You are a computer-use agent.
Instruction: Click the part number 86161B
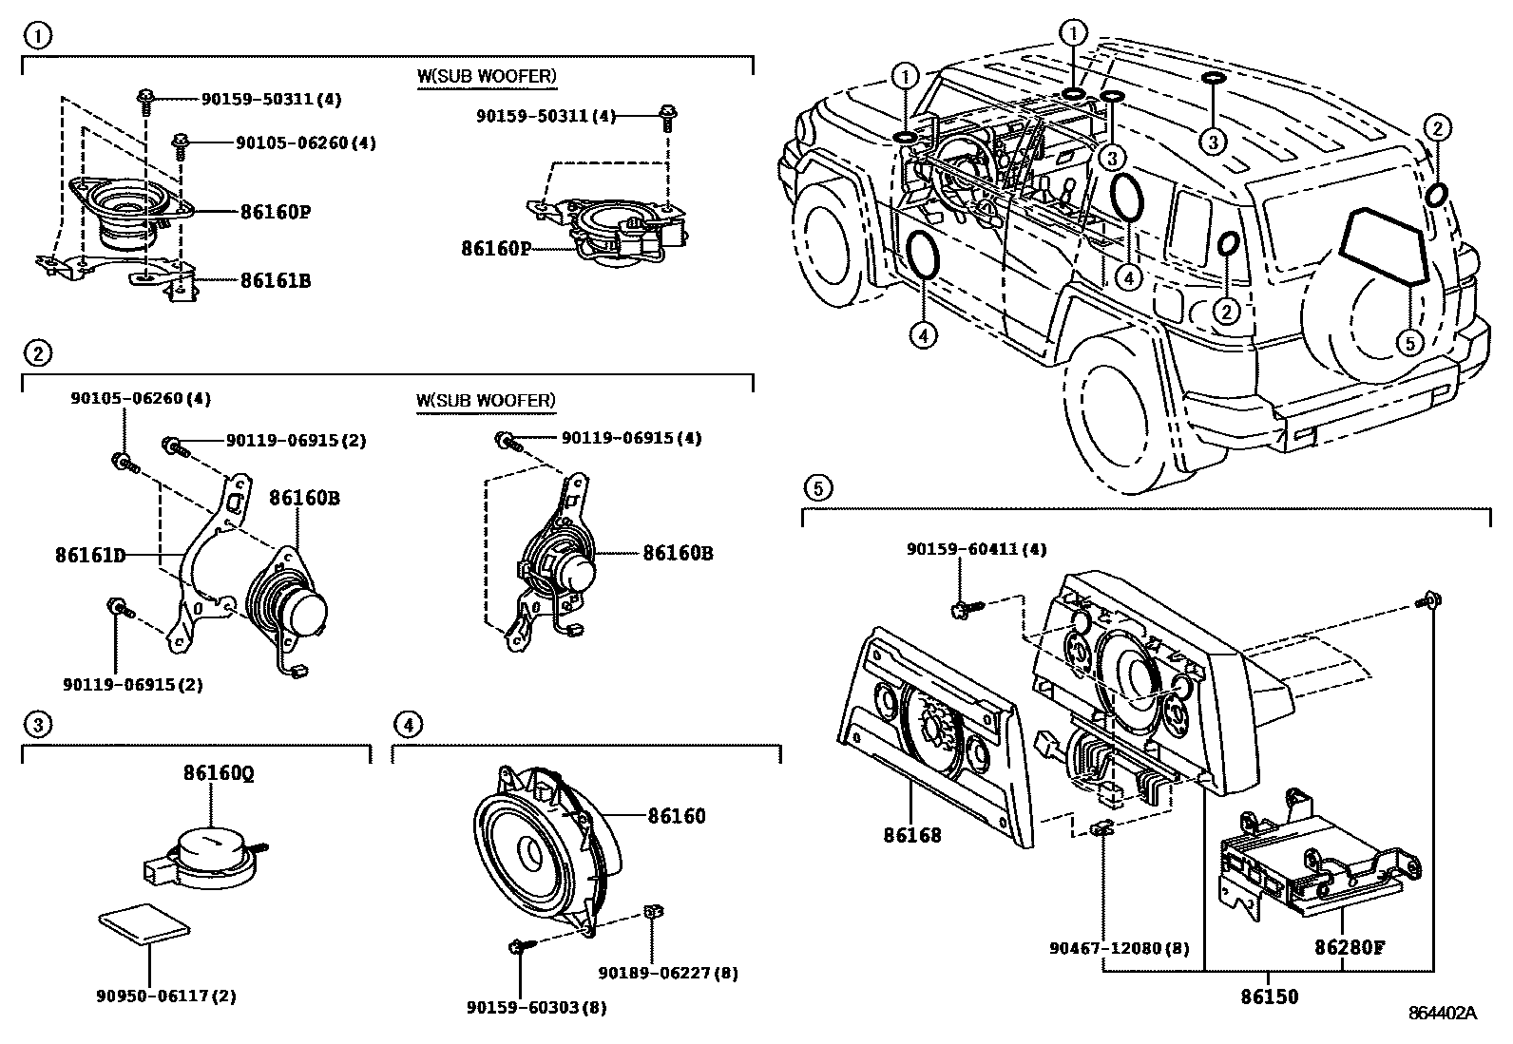click(x=275, y=280)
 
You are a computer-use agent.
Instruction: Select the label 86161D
click(x=90, y=555)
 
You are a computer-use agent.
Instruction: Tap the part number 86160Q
click(x=219, y=774)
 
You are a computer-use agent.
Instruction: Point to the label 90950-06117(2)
click(x=166, y=996)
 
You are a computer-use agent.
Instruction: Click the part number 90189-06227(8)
click(x=668, y=972)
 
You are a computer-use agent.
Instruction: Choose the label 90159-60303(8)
click(x=537, y=1007)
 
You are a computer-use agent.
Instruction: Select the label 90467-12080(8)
click(x=1119, y=948)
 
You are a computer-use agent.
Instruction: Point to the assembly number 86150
click(x=1269, y=997)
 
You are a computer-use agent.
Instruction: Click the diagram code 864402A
click(x=1442, y=1013)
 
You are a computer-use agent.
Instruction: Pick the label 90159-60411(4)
click(x=977, y=549)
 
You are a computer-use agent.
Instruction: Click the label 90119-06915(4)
click(x=631, y=438)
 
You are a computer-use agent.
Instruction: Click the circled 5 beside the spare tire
click(x=1409, y=341)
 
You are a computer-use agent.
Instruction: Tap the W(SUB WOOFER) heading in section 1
click(x=486, y=76)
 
